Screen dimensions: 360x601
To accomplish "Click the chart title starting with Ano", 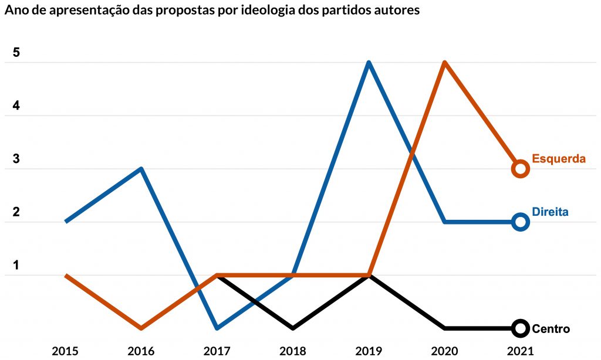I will point(212,11).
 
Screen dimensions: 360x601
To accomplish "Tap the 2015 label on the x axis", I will point(65,351).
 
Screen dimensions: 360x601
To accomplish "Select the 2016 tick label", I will point(141,351).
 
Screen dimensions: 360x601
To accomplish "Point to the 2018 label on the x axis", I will point(292,351).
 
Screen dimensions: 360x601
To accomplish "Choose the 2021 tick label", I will point(520,351).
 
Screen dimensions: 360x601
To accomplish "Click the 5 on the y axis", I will point(16,53).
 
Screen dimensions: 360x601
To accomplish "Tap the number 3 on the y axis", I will point(16,159).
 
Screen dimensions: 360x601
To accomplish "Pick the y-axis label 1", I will point(16,265).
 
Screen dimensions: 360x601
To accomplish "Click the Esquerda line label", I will point(559,158).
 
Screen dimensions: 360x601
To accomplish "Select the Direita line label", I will point(550,212).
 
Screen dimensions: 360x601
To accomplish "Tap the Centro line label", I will point(551,329).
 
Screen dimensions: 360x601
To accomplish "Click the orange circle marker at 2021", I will point(520,169).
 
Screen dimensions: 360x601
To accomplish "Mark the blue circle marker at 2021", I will point(520,222).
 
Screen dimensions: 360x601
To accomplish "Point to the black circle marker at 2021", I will point(520,328).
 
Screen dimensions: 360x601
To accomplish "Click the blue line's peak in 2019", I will point(369,63).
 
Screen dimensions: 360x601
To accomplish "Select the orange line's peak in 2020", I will point(445,63).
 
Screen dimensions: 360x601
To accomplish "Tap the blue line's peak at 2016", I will point(141,169).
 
